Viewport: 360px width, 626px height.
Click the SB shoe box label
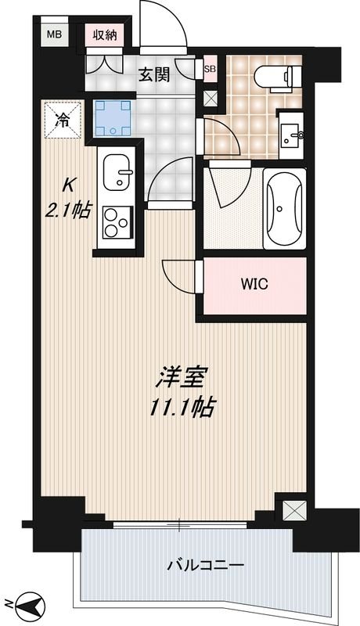pos(209,69)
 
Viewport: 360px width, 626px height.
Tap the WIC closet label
pos(253,285)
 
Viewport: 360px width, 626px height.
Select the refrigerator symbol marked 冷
pos(62,120)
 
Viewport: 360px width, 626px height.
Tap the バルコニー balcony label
pos(206,565)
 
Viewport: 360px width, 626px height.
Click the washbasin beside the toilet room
pos(294,134)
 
